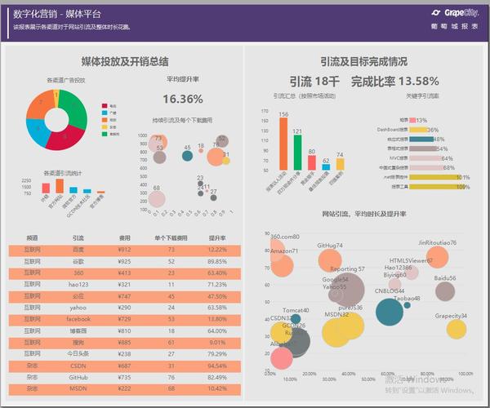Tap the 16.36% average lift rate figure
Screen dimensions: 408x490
pos(183,98)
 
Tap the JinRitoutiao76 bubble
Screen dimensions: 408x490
pos(438,257)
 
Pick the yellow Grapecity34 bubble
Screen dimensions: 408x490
pos(455,329)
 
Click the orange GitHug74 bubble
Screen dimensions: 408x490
pos(330,260)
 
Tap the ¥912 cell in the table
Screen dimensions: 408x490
pos(124,250)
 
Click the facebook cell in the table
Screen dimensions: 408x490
pos(78,319)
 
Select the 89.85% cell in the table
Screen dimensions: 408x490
pos(216,261)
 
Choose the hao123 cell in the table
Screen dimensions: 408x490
pos(78,284)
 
